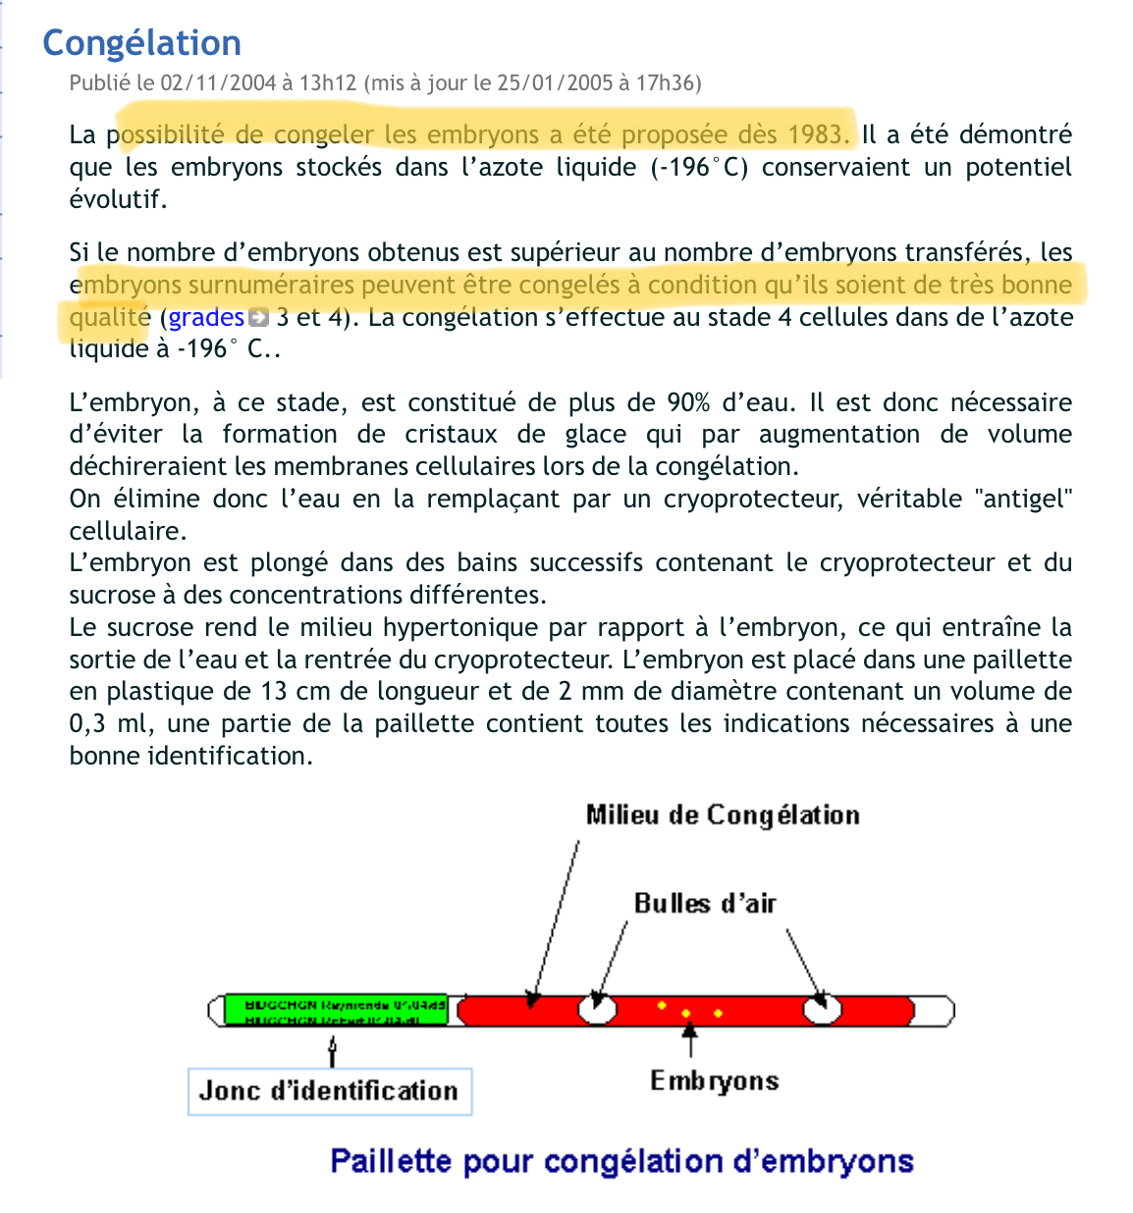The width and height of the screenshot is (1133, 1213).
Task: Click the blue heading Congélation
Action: [x=141, y=43]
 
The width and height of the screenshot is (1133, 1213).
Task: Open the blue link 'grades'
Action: [x=205, y=317]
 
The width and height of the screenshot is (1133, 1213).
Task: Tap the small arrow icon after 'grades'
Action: [x=257, y=317]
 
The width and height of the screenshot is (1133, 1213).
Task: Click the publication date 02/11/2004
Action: [x=218, y=82]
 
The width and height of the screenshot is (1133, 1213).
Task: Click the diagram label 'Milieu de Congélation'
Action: [x=723, y=816]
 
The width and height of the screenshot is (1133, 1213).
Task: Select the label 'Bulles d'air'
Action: [x=705, y=903]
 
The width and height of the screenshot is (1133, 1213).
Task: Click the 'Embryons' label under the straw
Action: [x=714, y=1081]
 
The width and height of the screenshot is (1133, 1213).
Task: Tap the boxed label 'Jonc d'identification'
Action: [x=329, y=1091]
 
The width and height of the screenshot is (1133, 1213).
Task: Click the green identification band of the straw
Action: [x=336, y=1010]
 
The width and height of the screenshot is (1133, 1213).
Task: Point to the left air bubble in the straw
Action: [x=596, y=1008]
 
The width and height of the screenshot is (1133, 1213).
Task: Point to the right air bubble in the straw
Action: [x=822, y=1008]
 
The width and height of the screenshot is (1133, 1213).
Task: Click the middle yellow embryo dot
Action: [x=686, y=1013]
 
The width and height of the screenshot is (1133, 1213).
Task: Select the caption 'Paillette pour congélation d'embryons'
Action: [x=621, y=1161]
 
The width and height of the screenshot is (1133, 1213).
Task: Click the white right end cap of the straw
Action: [x=934, y=1010]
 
